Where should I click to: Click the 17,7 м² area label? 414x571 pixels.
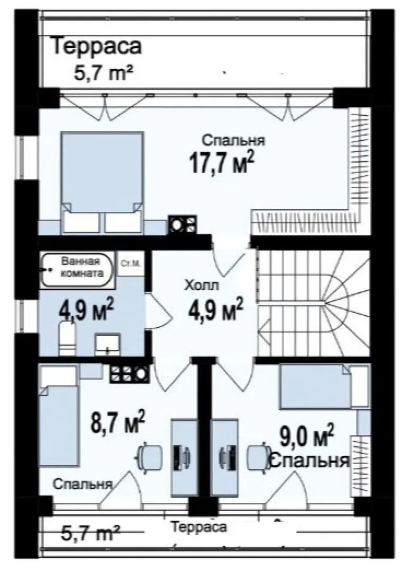coord(221,162)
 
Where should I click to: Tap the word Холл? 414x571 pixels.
coord(202,285)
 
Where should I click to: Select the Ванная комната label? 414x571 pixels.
coord(81,267)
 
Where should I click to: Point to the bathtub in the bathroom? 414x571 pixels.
coord(77,269)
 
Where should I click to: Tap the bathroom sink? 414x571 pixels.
coord(108,344)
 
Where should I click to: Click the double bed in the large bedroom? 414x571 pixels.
coord(102,182)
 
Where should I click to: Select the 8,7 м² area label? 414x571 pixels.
coord(118,422)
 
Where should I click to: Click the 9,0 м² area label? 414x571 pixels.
coord(307,436)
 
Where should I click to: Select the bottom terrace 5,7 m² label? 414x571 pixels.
coord(91,534)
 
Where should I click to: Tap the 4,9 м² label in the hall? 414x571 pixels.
coord(216,309)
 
